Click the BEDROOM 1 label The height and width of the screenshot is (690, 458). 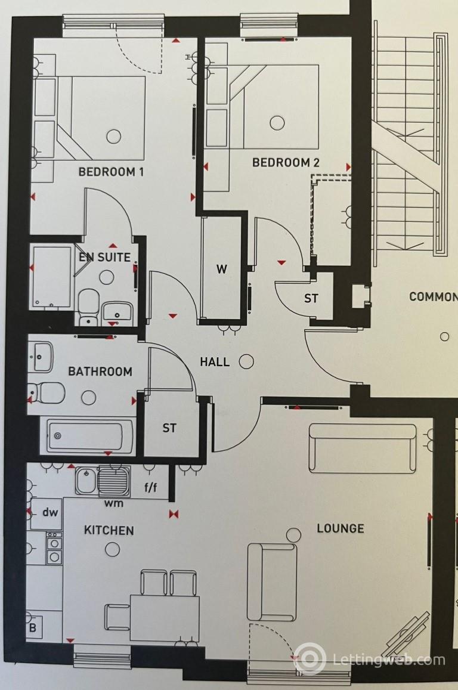(112, 172)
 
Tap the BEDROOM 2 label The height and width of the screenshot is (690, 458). (286, 162)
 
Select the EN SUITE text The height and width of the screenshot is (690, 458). (105, 258)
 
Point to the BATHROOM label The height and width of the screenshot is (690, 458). (100, 372)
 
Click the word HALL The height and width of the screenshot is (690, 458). (215, 362)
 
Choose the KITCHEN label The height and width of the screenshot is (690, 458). (109, 530)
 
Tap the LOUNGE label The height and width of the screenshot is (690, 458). (340, 528)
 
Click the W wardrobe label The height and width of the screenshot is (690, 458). (222, 269)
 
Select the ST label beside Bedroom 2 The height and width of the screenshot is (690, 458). (311, 299)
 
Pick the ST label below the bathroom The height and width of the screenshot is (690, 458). (170, 428)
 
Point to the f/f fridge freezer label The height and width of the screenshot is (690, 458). (151, 487)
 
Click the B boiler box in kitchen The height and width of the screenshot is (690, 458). (33, 628)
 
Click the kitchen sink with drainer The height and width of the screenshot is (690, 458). (102, 480)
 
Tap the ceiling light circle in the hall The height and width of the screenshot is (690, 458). (246, 361)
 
